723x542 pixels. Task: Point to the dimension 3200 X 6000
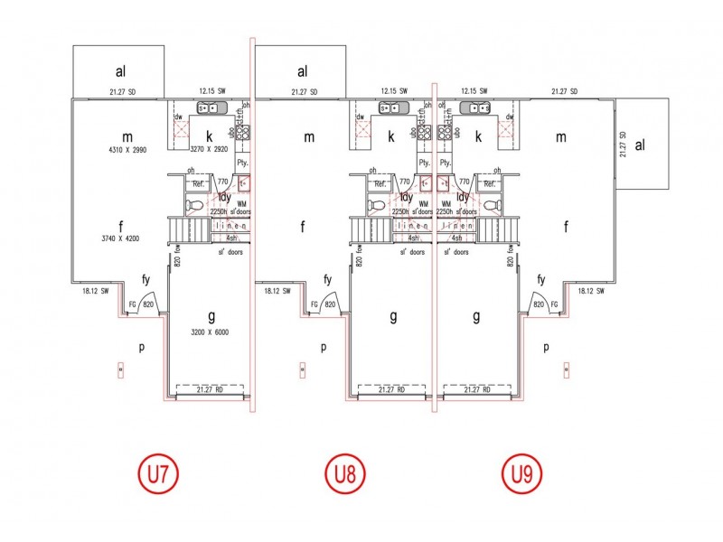click(x=211, y=332)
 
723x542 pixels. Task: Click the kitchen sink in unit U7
click(x=206, y=108)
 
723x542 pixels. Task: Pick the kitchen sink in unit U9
click(x=474, y=108)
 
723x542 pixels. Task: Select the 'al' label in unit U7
click(x=119, y=71)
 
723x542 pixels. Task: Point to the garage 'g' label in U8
click(x=394, y=317)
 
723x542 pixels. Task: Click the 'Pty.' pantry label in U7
click(x=242, y=163)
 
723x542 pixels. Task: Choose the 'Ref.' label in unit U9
click(x=493, y=183)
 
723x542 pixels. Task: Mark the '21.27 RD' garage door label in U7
click(x=211, y=389)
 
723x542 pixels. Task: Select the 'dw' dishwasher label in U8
click(x=360, y=117)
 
